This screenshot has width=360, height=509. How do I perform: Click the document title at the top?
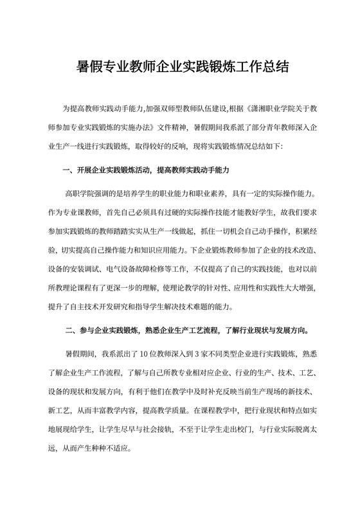[x=180, y=66]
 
